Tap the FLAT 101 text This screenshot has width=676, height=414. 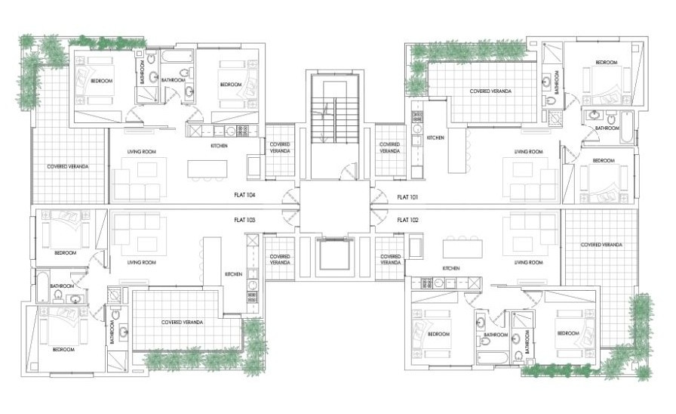[407, 195]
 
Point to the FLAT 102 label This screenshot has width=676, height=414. [407, 219]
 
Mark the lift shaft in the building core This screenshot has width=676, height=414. [336, 257]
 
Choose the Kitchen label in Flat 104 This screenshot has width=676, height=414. [219, 146]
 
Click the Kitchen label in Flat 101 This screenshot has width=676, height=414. [435, 138]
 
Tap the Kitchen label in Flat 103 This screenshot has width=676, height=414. [233, 274]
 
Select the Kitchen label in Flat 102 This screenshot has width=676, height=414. [451, 268]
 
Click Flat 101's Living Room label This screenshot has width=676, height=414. [528, 152]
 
